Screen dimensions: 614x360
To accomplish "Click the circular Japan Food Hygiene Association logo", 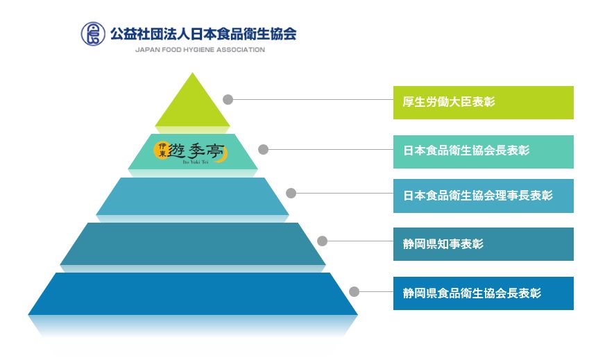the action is [x=93, y=34].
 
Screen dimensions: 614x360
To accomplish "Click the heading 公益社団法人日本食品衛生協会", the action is [x=203, y=34].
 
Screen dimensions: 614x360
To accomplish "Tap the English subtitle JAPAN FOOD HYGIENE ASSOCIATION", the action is [x=200, y=50].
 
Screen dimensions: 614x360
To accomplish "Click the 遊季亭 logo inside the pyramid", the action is [x=190, y=152].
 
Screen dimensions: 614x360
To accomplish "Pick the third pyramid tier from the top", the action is [x=192, y=196].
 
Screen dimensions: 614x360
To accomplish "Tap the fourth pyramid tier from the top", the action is [x=193, y=243].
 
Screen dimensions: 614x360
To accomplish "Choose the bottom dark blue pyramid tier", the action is [x=193, y=293].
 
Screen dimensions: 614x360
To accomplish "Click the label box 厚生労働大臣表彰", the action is [x=483, y=103].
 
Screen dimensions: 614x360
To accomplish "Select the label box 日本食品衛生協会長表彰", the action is [x=483, y=152].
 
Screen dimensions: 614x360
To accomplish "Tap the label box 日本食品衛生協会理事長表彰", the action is [x=483, y=196].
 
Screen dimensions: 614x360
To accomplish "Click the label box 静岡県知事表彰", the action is [x=483, y=244].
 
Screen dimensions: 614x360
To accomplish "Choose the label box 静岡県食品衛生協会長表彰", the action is [x=483, y=293].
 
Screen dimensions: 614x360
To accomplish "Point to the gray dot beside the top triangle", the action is [x=228, y=99].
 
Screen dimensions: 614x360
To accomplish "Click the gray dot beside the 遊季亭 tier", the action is [x=263, y=149].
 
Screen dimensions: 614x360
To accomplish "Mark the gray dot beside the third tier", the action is [x=291, y=193].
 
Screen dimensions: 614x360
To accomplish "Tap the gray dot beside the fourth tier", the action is [x=323, y=241].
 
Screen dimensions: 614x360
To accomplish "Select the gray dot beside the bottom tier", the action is [x=354, y=291].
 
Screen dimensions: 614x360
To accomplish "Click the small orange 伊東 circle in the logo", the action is [x=161, y=151].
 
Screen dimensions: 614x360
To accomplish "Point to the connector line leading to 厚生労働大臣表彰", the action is [x=313, y=99].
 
